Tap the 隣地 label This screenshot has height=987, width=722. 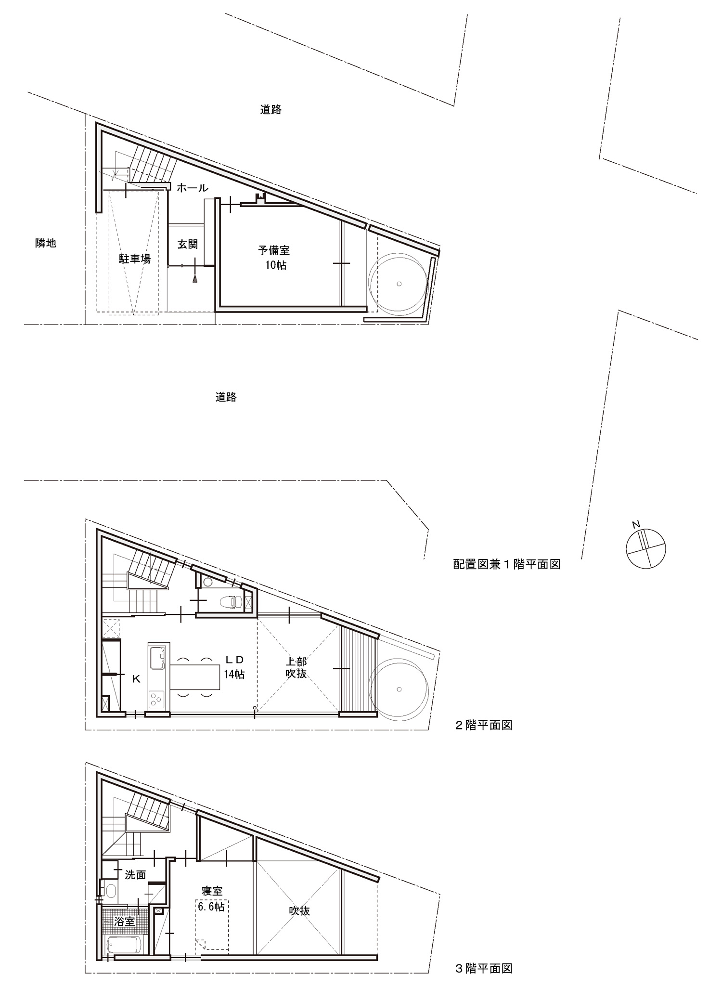(x=46, y=243)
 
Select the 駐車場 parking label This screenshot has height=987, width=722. (x=135, y=259)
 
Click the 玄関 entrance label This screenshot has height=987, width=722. (x=188, y=244)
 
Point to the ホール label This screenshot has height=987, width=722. (x=193, y=188)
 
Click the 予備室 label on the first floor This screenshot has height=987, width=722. (x=274, y=250)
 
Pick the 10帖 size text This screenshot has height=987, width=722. (x=276, y=265)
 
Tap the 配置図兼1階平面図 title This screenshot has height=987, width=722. (x=507, y=564)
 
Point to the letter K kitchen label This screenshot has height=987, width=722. (x=136, y=679)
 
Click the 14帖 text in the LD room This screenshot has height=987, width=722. (x=234, y=675)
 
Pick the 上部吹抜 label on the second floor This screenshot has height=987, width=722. (x=296, y=667)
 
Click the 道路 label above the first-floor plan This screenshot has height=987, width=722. (x=271, y=110)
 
